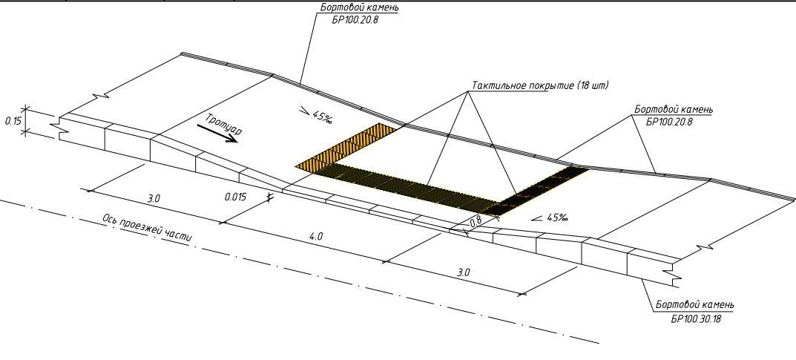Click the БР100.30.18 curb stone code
click(696, 319)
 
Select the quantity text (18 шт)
click(592, 85)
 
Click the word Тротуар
click(224, 125)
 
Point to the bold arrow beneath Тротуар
click(217, 134)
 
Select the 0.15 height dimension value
click(13, 121)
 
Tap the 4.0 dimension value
click(316, 236)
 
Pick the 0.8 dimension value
click(476, 221)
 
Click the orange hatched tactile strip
click(345, 146)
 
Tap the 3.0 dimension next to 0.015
click(154, 198)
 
